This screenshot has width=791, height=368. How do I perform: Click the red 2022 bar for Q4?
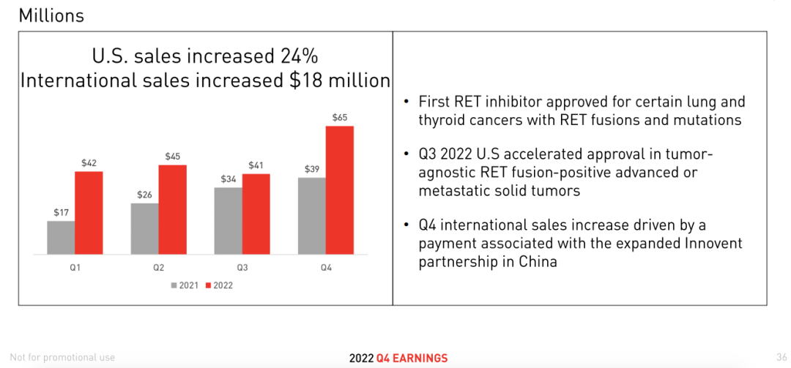point(340,190)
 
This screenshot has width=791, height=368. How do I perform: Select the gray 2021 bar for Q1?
point(61,237)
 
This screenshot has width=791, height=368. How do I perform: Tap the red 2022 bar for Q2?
point(173,209)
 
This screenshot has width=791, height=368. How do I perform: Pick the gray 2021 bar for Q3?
point(228,220)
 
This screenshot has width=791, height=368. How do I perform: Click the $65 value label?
point(340,117)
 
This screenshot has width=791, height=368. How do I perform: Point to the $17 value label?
point(61,212)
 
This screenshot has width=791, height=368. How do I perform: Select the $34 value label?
point(228,179)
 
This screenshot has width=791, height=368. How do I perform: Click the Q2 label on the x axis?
point(159,268)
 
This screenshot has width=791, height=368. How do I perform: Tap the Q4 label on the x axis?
point(326,268)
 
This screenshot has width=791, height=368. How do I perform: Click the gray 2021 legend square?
point(174,285)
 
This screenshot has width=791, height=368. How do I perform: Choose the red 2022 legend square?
point(209,285)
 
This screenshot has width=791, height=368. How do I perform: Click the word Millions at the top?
point(51,15)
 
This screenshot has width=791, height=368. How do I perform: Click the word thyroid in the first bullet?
point(442,120)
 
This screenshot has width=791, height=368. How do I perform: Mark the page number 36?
point(781,357)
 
